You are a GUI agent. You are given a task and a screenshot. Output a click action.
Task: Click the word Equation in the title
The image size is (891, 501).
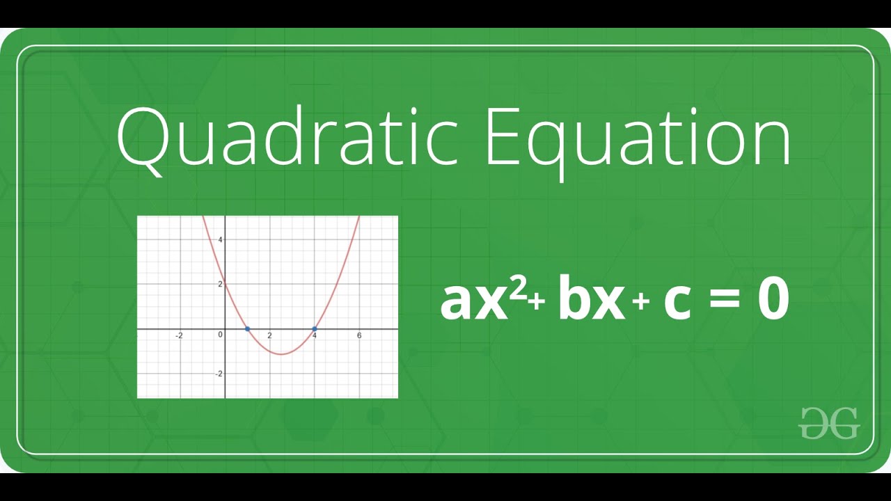click(638, 139)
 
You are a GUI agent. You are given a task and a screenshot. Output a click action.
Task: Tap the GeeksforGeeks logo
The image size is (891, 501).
click(829, 422)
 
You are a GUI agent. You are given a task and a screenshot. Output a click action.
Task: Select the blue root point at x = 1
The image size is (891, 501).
click(248, 328)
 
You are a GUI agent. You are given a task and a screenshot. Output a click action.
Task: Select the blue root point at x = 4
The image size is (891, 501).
click(315, 328)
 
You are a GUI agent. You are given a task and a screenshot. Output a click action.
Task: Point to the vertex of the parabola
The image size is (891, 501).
click(281, 354)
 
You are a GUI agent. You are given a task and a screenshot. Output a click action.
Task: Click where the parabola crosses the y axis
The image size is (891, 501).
click(226, 284)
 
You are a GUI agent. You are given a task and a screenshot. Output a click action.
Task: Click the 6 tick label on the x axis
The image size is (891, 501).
click(359, 336)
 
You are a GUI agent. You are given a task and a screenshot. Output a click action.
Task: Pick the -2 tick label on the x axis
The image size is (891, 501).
click(179, 336)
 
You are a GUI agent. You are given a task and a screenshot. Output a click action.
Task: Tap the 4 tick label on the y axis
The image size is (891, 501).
click(220, 239)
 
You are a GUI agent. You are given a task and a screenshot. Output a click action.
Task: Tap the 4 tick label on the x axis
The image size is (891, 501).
click(315, 336)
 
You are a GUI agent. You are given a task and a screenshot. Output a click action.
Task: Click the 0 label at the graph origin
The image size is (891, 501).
click(220, 335)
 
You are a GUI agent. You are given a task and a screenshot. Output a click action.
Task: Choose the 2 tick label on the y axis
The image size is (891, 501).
click(220, 284)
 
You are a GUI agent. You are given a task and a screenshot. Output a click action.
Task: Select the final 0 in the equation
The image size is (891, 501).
click(773, 301)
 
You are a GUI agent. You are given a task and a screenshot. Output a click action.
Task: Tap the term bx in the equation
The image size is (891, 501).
click(591, 301)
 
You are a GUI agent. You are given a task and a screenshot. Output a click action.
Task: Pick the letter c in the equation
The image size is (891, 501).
click(677, 303)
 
